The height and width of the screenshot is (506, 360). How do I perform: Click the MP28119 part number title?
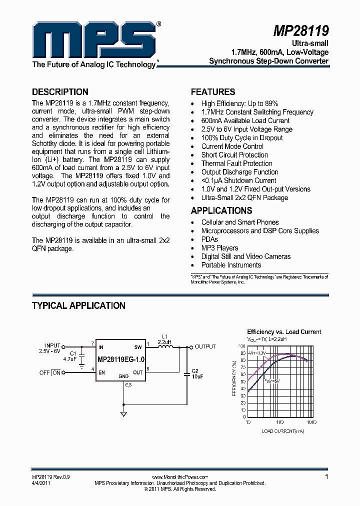click(300, 32)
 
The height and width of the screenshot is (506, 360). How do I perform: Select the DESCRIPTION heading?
click(60, 92)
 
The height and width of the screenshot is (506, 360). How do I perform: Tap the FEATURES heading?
click(213, 92)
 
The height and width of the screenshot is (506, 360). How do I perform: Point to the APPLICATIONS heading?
click(221, 210)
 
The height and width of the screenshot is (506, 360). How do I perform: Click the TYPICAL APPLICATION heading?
click(78, 305)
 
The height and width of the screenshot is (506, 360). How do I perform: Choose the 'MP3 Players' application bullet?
click(219, 248)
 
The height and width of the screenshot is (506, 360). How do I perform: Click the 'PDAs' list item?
click(209, 239)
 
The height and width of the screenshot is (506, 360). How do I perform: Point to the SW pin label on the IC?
click(138, 347)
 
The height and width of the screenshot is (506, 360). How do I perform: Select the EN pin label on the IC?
click(101, 372)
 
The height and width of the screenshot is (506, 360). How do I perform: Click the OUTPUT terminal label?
click(205, 346)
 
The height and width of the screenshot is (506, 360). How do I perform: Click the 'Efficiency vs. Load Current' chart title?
click(284, 332)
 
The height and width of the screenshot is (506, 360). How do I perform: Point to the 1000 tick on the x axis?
click(311, 422)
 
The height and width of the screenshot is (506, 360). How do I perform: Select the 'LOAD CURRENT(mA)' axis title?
click(282, 430)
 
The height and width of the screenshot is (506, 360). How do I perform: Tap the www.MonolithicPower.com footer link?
click(179, 477)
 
